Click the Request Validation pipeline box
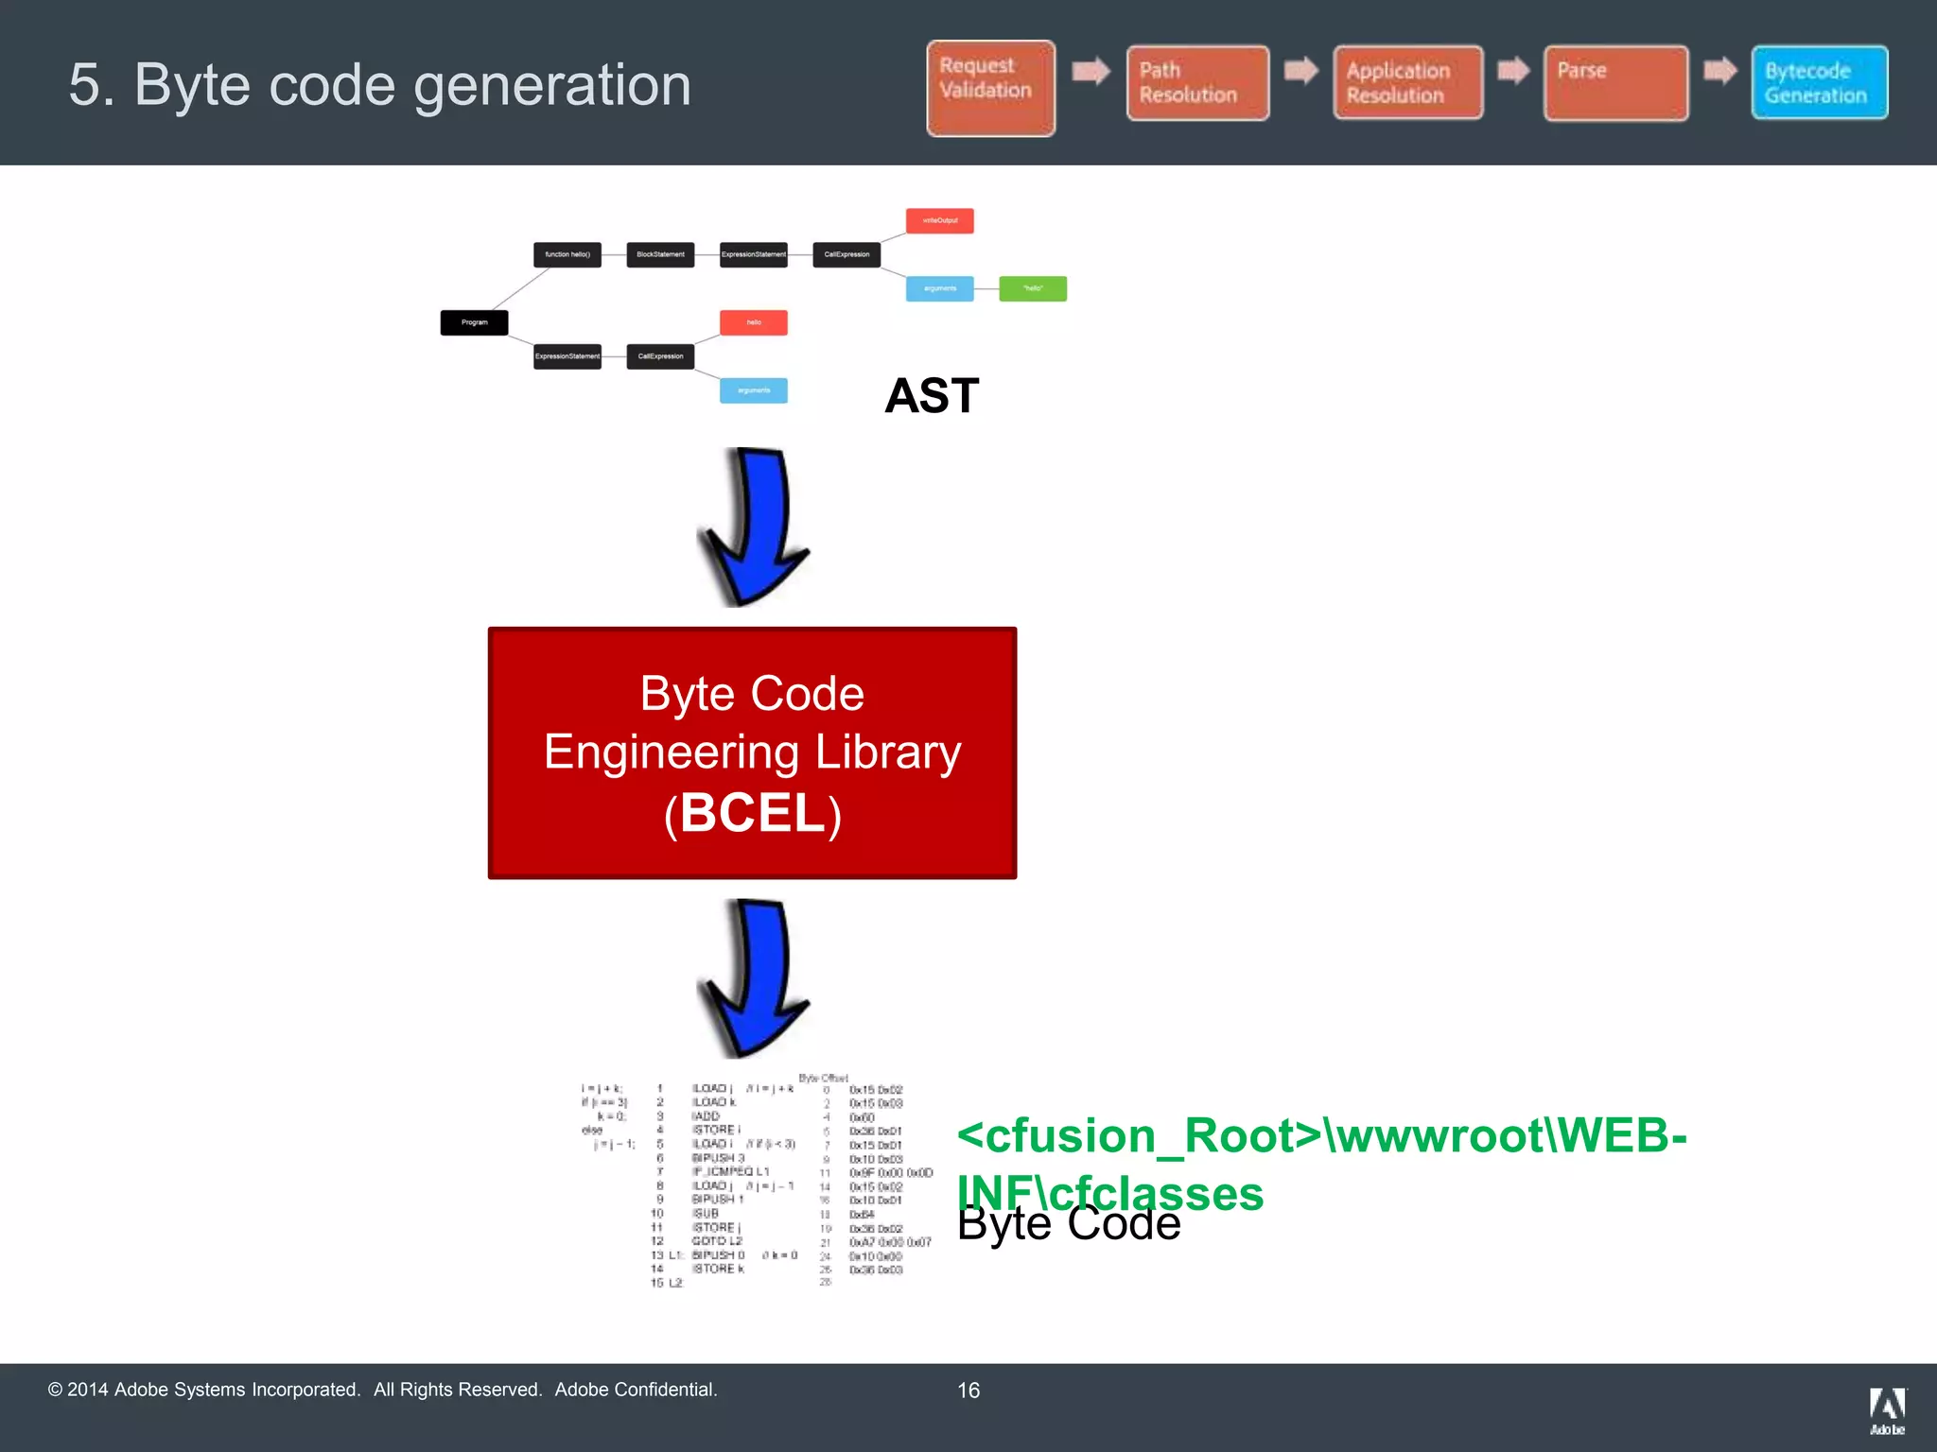(x=990, y=88)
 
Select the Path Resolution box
(x=1197, y=83)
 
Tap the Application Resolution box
(x=1407, y=83)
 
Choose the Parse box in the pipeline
(x=1615, y=83)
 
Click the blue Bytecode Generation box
(x=1819, y=83)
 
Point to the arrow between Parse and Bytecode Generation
(x=1719, y=71)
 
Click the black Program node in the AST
(x=474, y=322)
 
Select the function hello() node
(x=567, y=254)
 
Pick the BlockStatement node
(x=660, y=254)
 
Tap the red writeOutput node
(x=939, y=220)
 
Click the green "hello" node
(x=1033, y=288)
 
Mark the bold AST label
(x=932, y=395)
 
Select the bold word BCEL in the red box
(x=753, y=813)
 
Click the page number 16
(x=968, y=1391)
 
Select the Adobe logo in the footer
(x=1887, y=1410)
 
